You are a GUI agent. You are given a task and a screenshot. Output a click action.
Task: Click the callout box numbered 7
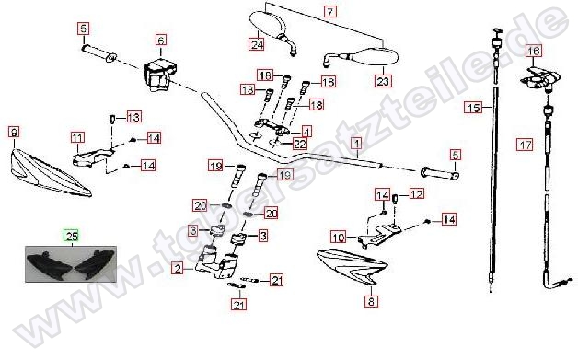pyautogui.click(x=329, y=11)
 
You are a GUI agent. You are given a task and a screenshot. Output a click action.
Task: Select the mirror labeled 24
pyautogui.click(x=273, y=30)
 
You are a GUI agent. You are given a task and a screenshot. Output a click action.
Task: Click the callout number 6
pyautogui.click(x=161, y=40)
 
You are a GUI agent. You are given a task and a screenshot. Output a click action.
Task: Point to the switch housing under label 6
pyautogui.click(x=159, y=75)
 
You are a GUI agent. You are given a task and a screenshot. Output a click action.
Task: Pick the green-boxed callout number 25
pyautogui.click(x=72, y=236)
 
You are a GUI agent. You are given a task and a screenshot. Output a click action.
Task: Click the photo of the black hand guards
pyautogui.click(x=71, y=264)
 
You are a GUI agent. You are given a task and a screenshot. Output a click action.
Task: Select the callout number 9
pyautogui.click(x=14, y=132)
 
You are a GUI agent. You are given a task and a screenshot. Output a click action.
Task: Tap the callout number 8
pyautogui.click(x=371, y=301)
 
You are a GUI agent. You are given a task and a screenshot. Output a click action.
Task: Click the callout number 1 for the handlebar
pyautogui.click(x=356, y=143)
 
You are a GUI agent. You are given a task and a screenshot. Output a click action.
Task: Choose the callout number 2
pyautogui.click(x=178, y=268)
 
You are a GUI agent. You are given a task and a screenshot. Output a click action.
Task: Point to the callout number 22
pyautogui.click(x=300, y=144)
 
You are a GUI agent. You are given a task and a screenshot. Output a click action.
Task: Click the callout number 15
pyautogui.click(x=473, y=108)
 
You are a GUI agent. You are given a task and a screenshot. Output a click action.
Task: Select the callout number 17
pyautogui.click(x=526, y=145)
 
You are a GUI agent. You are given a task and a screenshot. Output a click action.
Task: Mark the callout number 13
pyautogui.click(x=133, y=117)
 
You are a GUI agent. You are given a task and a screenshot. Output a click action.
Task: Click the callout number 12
pyautogui.click(x=417, y=193)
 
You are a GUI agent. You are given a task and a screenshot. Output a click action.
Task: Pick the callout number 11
pyautogui.click(x=77, y=138)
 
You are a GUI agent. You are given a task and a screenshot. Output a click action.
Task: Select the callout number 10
pyautogui.click(x=338, y=238)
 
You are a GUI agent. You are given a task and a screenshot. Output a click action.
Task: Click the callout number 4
pyautogui.click(x=306, y=131)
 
